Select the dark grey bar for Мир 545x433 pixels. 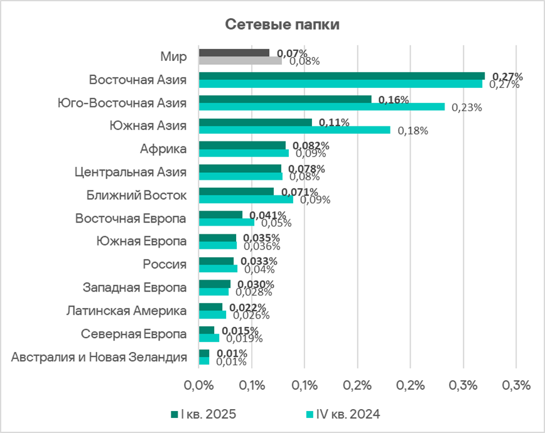click(x=234, y=53)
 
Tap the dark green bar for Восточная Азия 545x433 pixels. click(x=342, y=76)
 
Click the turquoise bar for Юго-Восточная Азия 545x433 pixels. click(x=321, y=107)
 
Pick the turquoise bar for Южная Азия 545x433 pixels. click(x=294, y=130)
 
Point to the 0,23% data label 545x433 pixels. click(x=468, y=107)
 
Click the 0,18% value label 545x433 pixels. click(x=413, y=131)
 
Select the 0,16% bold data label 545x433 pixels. click(x=394, y=99)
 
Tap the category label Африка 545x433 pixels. click(x=163, y=149)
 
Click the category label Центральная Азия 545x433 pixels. click(x=130, y=172)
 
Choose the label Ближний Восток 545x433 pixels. click(x=137, y=195)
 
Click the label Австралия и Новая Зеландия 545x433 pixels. click(x=99, y=357)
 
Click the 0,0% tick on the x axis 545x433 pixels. click(x=198, y=385)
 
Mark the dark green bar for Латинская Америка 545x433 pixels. click(x=210, y=307)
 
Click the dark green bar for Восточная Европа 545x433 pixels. click(x=220, y=214)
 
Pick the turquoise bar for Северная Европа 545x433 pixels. click(x=209, y=337)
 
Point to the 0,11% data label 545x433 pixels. click(x=334, y=123)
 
